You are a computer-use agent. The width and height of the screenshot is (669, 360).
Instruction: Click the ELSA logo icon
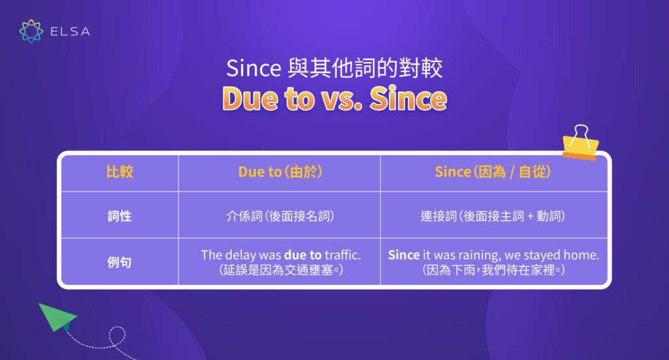[x=31, y=31]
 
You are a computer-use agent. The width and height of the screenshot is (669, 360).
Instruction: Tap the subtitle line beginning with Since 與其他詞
[x=334, y=68]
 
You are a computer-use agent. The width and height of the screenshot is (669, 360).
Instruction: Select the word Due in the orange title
[x=251, y=99]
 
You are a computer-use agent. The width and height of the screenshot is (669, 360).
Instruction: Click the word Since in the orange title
[x=408, y=99]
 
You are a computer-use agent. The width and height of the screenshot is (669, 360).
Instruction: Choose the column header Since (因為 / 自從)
[x=493, y=172]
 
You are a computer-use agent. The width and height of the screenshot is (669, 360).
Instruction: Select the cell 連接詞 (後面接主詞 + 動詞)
[x=493, y=216]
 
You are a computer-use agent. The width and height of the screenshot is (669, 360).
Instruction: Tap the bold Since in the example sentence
[x=404, y=255]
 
